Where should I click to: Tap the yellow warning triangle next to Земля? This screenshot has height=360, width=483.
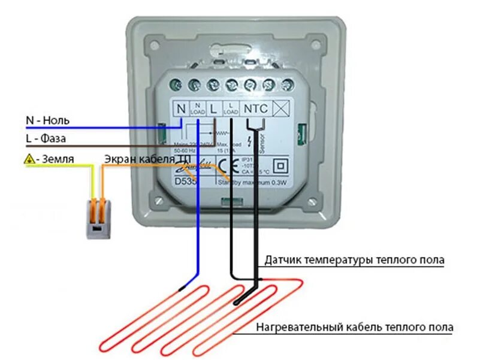click(28, 159)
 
